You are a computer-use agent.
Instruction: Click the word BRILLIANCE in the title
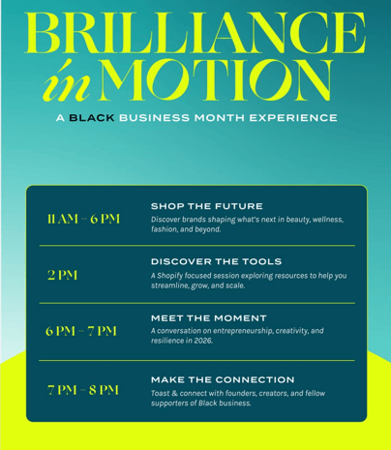click(195, 33)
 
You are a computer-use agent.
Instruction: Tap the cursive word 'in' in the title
click(67, 80)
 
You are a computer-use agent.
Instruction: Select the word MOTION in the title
click(216, 80)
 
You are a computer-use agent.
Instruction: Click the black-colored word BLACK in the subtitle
click(92, 118)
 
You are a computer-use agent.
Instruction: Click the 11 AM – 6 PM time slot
click(83, 219)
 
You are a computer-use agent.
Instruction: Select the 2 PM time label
click(63, 275)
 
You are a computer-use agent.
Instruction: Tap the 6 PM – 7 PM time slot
click(81, 331)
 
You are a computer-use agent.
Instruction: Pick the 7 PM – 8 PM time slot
click(83, 390)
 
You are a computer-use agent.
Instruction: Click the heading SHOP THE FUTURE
click(207, 206)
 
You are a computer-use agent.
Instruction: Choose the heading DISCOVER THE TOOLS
click(216, 261)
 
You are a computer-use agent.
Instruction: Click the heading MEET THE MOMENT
click(209, 318)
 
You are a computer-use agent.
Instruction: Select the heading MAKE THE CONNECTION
click(223, 379)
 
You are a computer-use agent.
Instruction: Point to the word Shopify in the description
click(170, 276)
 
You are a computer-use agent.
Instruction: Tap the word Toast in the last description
click(160, 393)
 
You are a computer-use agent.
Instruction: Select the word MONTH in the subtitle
click(220, 118)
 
